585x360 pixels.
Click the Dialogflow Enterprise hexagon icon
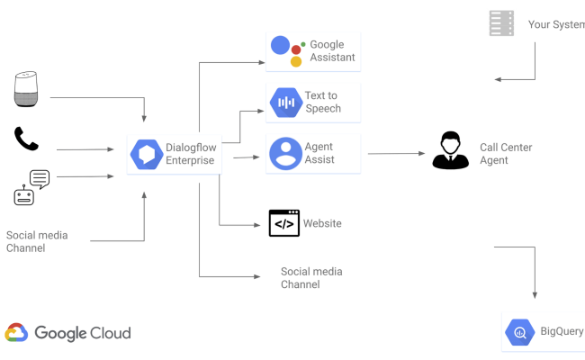[144, 155]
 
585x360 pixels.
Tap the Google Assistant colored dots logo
[289, 50]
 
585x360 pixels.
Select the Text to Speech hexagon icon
[285, 103]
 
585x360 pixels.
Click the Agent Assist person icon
[285, 154]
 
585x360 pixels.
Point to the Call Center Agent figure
[450, 150]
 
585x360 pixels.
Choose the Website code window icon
[284, 223]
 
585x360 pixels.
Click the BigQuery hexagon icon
[520, 332]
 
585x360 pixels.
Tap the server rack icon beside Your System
[501, 23]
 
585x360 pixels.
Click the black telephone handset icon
[26, 139]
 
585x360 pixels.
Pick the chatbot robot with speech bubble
[30, 187]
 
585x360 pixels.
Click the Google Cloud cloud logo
[16, 333]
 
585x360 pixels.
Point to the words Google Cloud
[83, 333]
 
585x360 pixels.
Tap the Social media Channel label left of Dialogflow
[37, 241]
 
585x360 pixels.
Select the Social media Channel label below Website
[311, 278]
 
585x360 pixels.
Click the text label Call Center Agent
[506, 154]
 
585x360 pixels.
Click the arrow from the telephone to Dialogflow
[90, 149]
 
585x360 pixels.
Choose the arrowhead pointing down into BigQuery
[535, 294]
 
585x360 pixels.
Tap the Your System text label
[556, 24]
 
